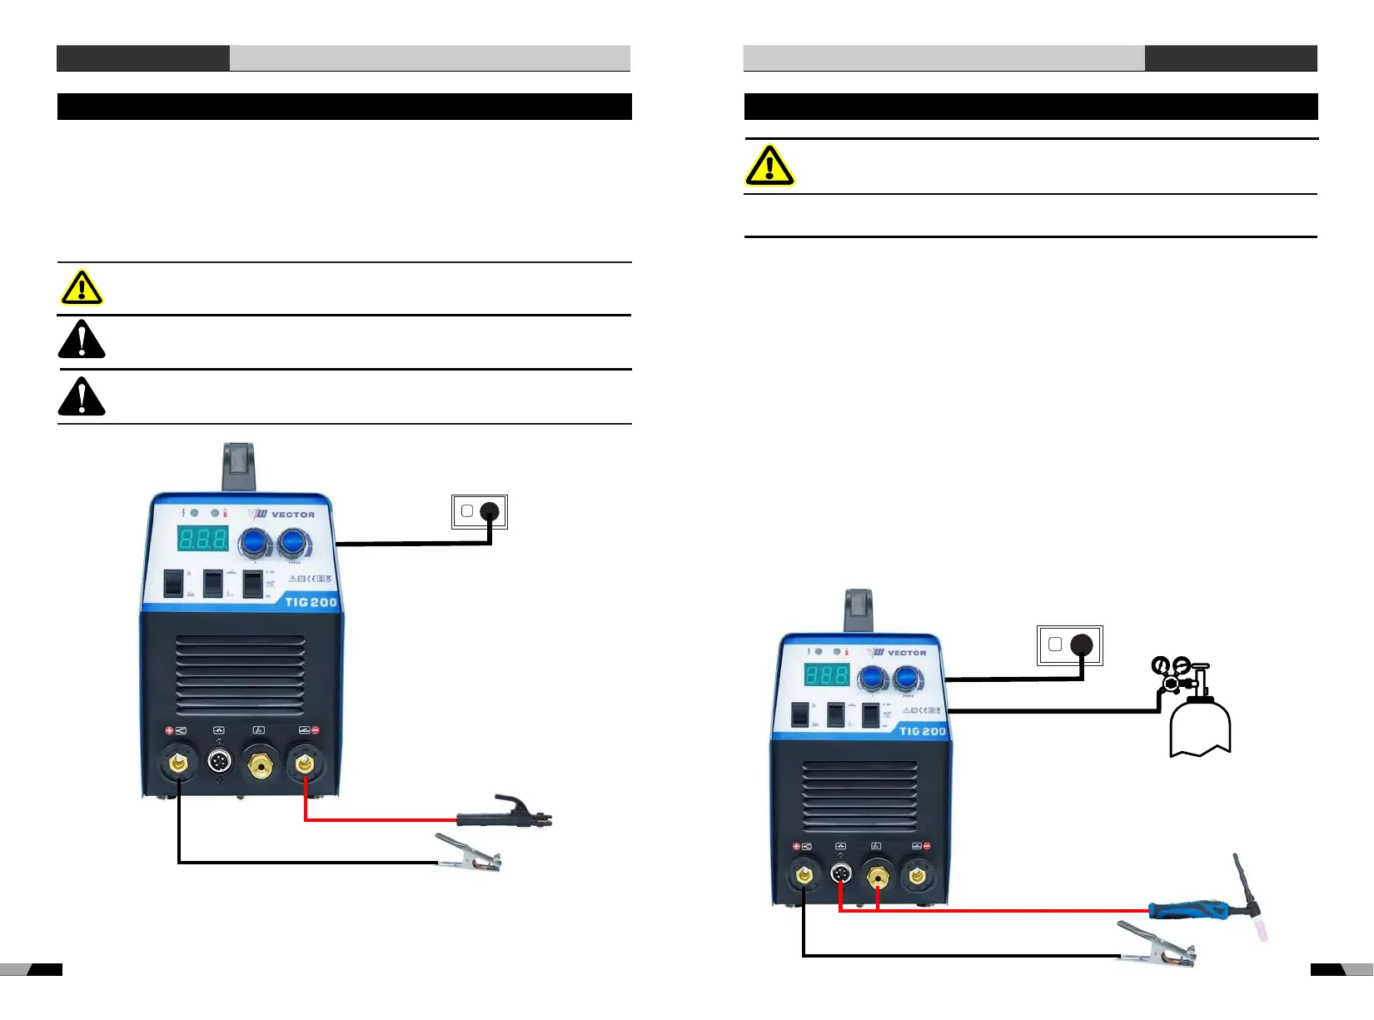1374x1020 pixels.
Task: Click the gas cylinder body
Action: point(1200,727)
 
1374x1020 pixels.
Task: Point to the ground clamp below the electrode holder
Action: point(469,853)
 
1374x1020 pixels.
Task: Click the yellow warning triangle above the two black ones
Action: point(82,288)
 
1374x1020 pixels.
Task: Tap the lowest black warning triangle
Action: point(82,396)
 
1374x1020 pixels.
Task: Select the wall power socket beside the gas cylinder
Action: point(1069,645)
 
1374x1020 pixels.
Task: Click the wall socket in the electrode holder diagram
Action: point(480,511)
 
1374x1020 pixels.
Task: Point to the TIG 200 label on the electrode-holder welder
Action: point(311,602)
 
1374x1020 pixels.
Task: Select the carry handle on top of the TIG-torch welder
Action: point(858,610)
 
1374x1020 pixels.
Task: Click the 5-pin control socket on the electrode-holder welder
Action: point(219,760)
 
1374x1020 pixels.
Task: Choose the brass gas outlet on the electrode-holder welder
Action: point(261,762)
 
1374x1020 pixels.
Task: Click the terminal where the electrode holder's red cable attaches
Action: point(304,762)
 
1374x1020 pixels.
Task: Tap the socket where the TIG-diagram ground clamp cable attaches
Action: point(804,876)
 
